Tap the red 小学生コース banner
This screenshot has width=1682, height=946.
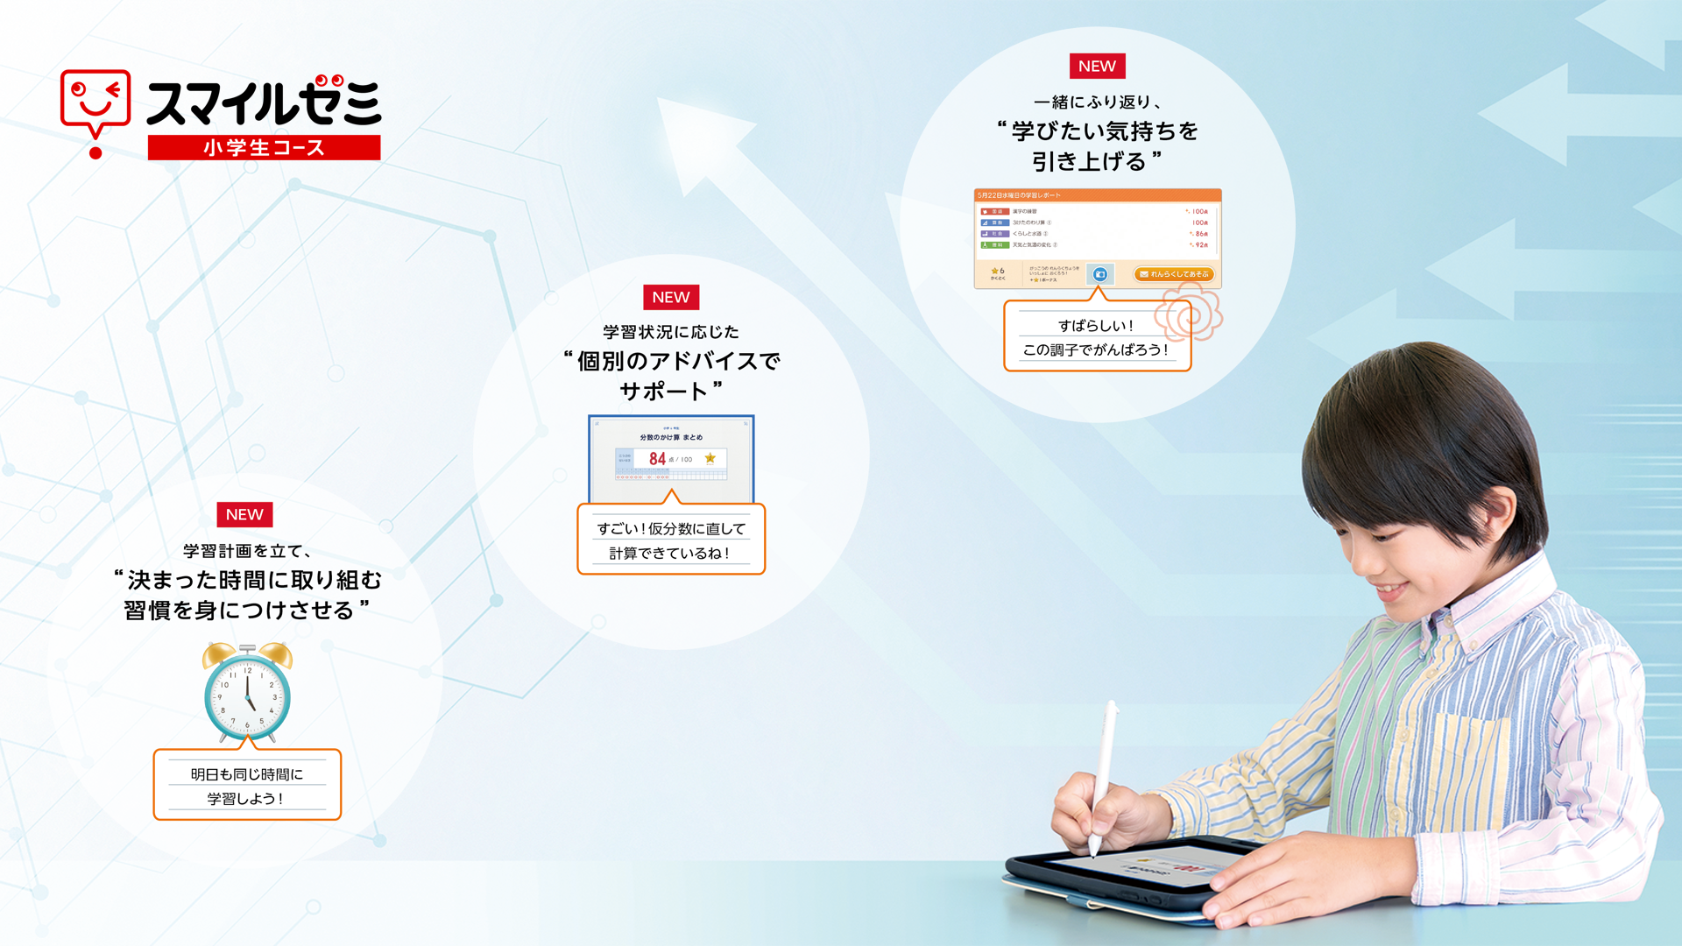(264, 147)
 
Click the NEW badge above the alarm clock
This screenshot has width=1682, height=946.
(244, 514)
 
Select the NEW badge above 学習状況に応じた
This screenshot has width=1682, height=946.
(671, 297)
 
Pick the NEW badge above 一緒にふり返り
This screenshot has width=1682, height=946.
(1097, 66)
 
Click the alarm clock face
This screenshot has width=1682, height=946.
(248, 696)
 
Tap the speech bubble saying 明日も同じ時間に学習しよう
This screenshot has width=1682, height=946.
(247, 786)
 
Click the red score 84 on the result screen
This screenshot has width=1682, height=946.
(657, 458)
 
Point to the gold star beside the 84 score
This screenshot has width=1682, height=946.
(710, 458)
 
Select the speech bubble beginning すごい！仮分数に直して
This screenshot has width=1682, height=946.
(671, 540)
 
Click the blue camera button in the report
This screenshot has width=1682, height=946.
(1100, 274)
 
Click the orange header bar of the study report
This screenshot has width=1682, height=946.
(1097, 194)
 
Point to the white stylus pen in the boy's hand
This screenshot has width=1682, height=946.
(1104, 771)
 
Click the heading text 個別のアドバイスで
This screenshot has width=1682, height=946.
(678, 361)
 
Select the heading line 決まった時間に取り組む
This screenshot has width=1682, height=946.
(254, 580)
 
